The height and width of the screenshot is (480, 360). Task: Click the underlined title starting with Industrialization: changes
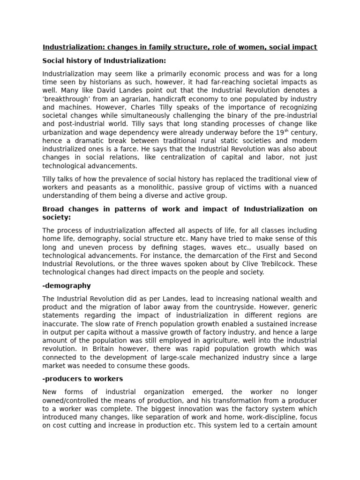[x=180, y=47]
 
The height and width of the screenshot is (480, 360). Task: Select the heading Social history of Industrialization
[x=104, y=61]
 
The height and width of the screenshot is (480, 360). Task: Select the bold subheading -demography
[x=67, y=285]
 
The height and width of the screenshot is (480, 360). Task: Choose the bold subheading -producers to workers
[x=82, y=379]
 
